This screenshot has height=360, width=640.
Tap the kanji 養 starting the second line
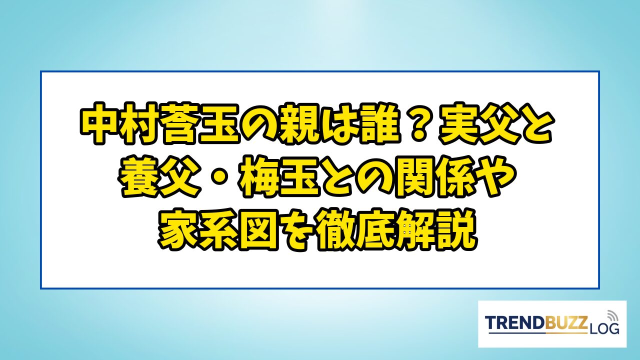tap(139, 177)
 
